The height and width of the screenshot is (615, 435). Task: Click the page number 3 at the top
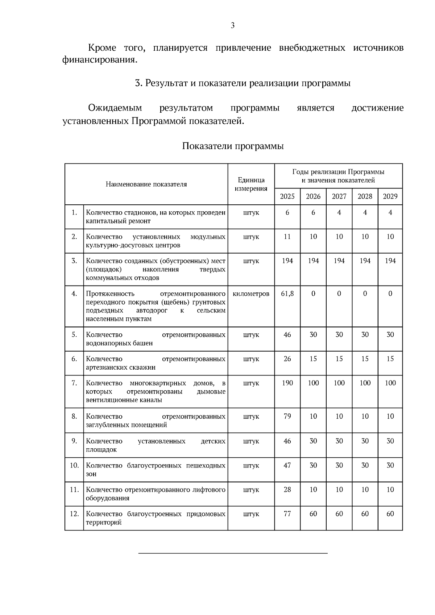(x=233, y=25)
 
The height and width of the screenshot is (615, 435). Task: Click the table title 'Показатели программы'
(x=233, y=146)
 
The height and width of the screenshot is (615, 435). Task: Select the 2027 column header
(x=339, y=196)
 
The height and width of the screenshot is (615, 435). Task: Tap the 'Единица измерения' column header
(x=251, y=184)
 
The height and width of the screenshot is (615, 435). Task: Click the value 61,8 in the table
(x=287, y=294)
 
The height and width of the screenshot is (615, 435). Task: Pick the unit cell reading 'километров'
(x=251, y=294)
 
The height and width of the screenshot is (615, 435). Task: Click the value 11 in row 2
(x=287, y=237)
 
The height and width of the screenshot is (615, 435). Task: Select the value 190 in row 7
(x=287, y=383)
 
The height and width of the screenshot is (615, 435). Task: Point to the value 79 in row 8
(x=287, y=416)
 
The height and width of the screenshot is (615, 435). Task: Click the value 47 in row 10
(x=287, y=465)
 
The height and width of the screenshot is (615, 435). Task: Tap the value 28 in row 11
(x=287, y=490)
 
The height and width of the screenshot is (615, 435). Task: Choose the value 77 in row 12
(x=287, y=514)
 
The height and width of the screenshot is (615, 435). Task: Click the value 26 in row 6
(x=287, y=359)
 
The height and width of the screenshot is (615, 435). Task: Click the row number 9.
(x=74, y=441)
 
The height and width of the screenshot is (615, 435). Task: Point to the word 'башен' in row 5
(x=144, y=343)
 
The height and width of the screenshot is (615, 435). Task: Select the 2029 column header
(x=390, y=196)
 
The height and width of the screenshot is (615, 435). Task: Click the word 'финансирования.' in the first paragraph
(x=100, y=60)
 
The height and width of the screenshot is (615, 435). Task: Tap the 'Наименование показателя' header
(x=146, y=184)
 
